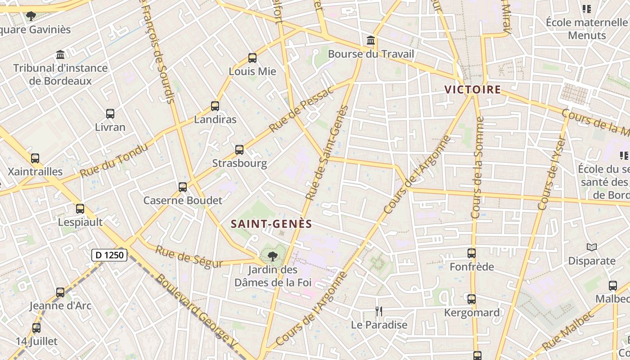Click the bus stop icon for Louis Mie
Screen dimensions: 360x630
point(252,58)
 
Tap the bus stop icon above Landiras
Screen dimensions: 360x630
point(215,107)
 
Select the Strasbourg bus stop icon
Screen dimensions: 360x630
point(239,150)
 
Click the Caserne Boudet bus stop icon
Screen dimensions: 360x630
point(183,187)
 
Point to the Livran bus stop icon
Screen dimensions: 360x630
point(110,114)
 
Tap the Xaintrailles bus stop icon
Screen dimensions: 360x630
point(35,158)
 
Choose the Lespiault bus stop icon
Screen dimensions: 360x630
point(80,209)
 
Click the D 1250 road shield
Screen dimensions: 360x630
point(110,255)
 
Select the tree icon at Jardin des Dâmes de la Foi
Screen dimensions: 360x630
point(272,256)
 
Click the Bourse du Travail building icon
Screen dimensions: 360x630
point(371,41)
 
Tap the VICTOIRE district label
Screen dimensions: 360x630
point(472,90)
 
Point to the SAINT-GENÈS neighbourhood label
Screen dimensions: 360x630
point(271,224)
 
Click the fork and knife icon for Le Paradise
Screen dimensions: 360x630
point(379,311)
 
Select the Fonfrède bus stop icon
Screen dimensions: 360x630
point(472,254)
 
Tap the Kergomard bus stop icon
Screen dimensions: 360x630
point(472,299)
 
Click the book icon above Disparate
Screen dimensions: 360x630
point(592,247)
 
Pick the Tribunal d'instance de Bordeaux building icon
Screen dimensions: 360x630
point(60,55)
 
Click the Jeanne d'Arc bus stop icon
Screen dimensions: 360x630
point(60,292)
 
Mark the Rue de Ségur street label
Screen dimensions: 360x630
point(189,256)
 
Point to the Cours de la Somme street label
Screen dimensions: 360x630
point(477,167)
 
